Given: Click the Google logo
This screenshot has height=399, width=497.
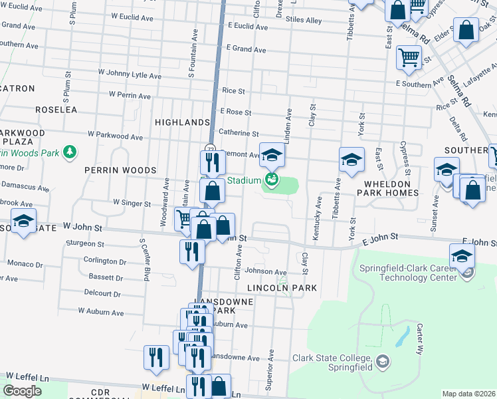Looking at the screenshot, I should pos(22,390).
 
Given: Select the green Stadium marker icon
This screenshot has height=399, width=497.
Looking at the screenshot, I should pos(271,179).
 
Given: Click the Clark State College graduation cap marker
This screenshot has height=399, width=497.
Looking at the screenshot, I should pos(382,362).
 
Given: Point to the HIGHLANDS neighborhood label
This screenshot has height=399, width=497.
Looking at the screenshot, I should pos(182,122).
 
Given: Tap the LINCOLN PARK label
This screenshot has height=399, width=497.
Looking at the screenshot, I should pos(282,288).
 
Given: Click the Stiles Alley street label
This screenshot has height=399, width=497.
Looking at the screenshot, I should pos(304,21).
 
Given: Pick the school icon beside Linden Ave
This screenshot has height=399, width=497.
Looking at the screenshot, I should pos(271,156).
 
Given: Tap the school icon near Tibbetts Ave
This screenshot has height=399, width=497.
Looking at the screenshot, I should pos(351,160).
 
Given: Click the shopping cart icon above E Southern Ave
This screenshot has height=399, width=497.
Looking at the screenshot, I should pos(408,57).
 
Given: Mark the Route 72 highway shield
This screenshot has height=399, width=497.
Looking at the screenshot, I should pos(210,149).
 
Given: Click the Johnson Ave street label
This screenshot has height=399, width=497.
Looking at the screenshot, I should pos(266,271).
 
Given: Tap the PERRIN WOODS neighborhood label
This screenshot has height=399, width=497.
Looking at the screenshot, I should pos(120,170).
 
